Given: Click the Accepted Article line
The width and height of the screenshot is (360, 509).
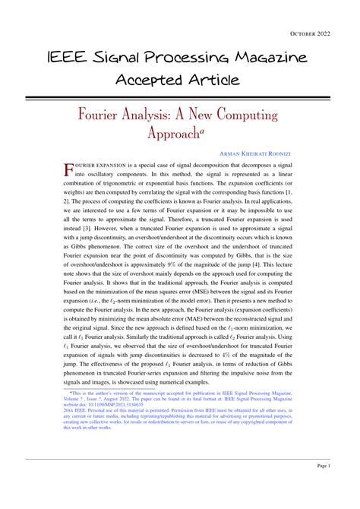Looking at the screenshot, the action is tap(179, 80).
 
